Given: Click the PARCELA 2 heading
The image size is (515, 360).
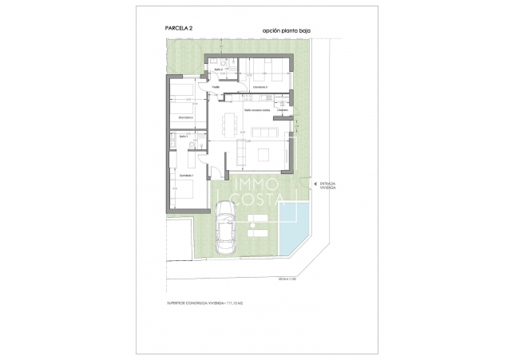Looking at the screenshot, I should pos(179,28).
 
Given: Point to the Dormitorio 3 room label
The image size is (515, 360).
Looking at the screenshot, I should pos(259,87).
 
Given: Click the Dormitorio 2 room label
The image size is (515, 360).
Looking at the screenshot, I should pos(187,118).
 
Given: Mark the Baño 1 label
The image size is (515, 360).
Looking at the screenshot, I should pos(183,137).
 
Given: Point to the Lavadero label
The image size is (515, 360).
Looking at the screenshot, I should pos(283,110).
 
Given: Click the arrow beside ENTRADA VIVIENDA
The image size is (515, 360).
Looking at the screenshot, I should pos(313,184).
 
